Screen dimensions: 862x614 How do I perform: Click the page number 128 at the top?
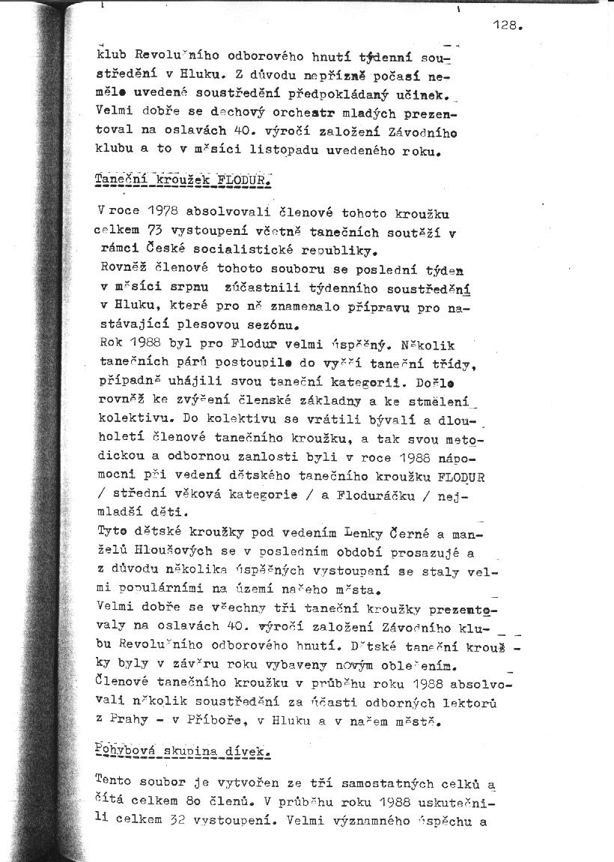(x=506, y=25)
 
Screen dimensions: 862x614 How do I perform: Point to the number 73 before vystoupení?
(x=154, y=233)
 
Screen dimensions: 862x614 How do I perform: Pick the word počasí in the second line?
(x=376, y=76)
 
